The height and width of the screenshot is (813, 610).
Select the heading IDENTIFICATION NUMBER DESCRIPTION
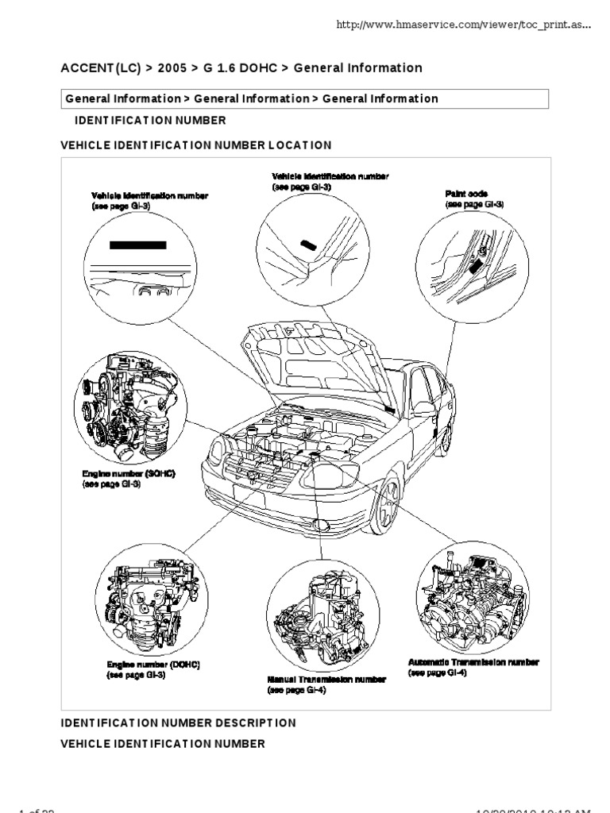coord(179,723)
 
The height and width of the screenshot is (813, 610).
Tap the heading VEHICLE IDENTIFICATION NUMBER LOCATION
coord(196,145)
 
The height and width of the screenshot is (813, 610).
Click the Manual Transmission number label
coord(326,680)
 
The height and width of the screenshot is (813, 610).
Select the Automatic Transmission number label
coord(473,662)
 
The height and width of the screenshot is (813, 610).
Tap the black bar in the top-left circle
coord(137,245)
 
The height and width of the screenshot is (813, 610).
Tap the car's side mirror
coord(424,409)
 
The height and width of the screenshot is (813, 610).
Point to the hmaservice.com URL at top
coord(464,25)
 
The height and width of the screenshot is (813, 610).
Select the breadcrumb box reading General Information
coord(305,98)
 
